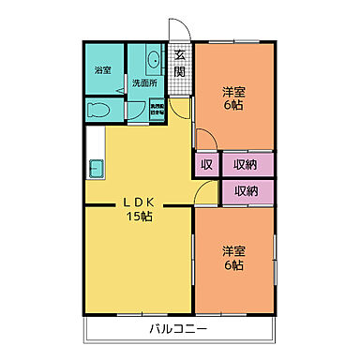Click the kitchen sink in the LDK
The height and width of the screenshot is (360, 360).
click(96, 169)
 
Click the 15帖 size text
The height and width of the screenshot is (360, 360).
click(142, 217)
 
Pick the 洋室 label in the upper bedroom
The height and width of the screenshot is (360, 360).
click(234, 91)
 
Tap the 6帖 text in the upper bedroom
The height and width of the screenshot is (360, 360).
click(234, 106)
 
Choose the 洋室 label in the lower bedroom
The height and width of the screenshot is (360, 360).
click(234, 250)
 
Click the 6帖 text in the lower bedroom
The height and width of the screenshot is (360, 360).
click(234, 265)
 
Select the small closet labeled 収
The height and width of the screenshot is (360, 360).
click(206, 164)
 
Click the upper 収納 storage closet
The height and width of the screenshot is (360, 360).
click(247, 164)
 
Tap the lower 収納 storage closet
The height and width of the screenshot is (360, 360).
click(247, 191)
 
